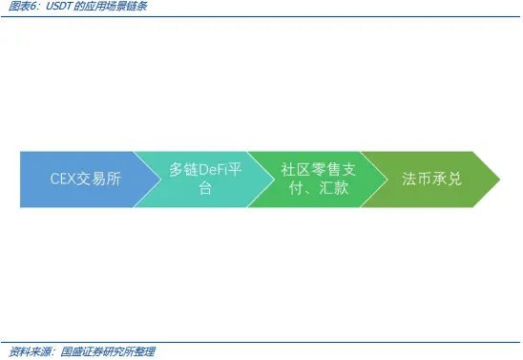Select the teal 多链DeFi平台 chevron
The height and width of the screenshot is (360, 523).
pos(196,179)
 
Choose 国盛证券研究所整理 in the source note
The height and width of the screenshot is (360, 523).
pos(108,351)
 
